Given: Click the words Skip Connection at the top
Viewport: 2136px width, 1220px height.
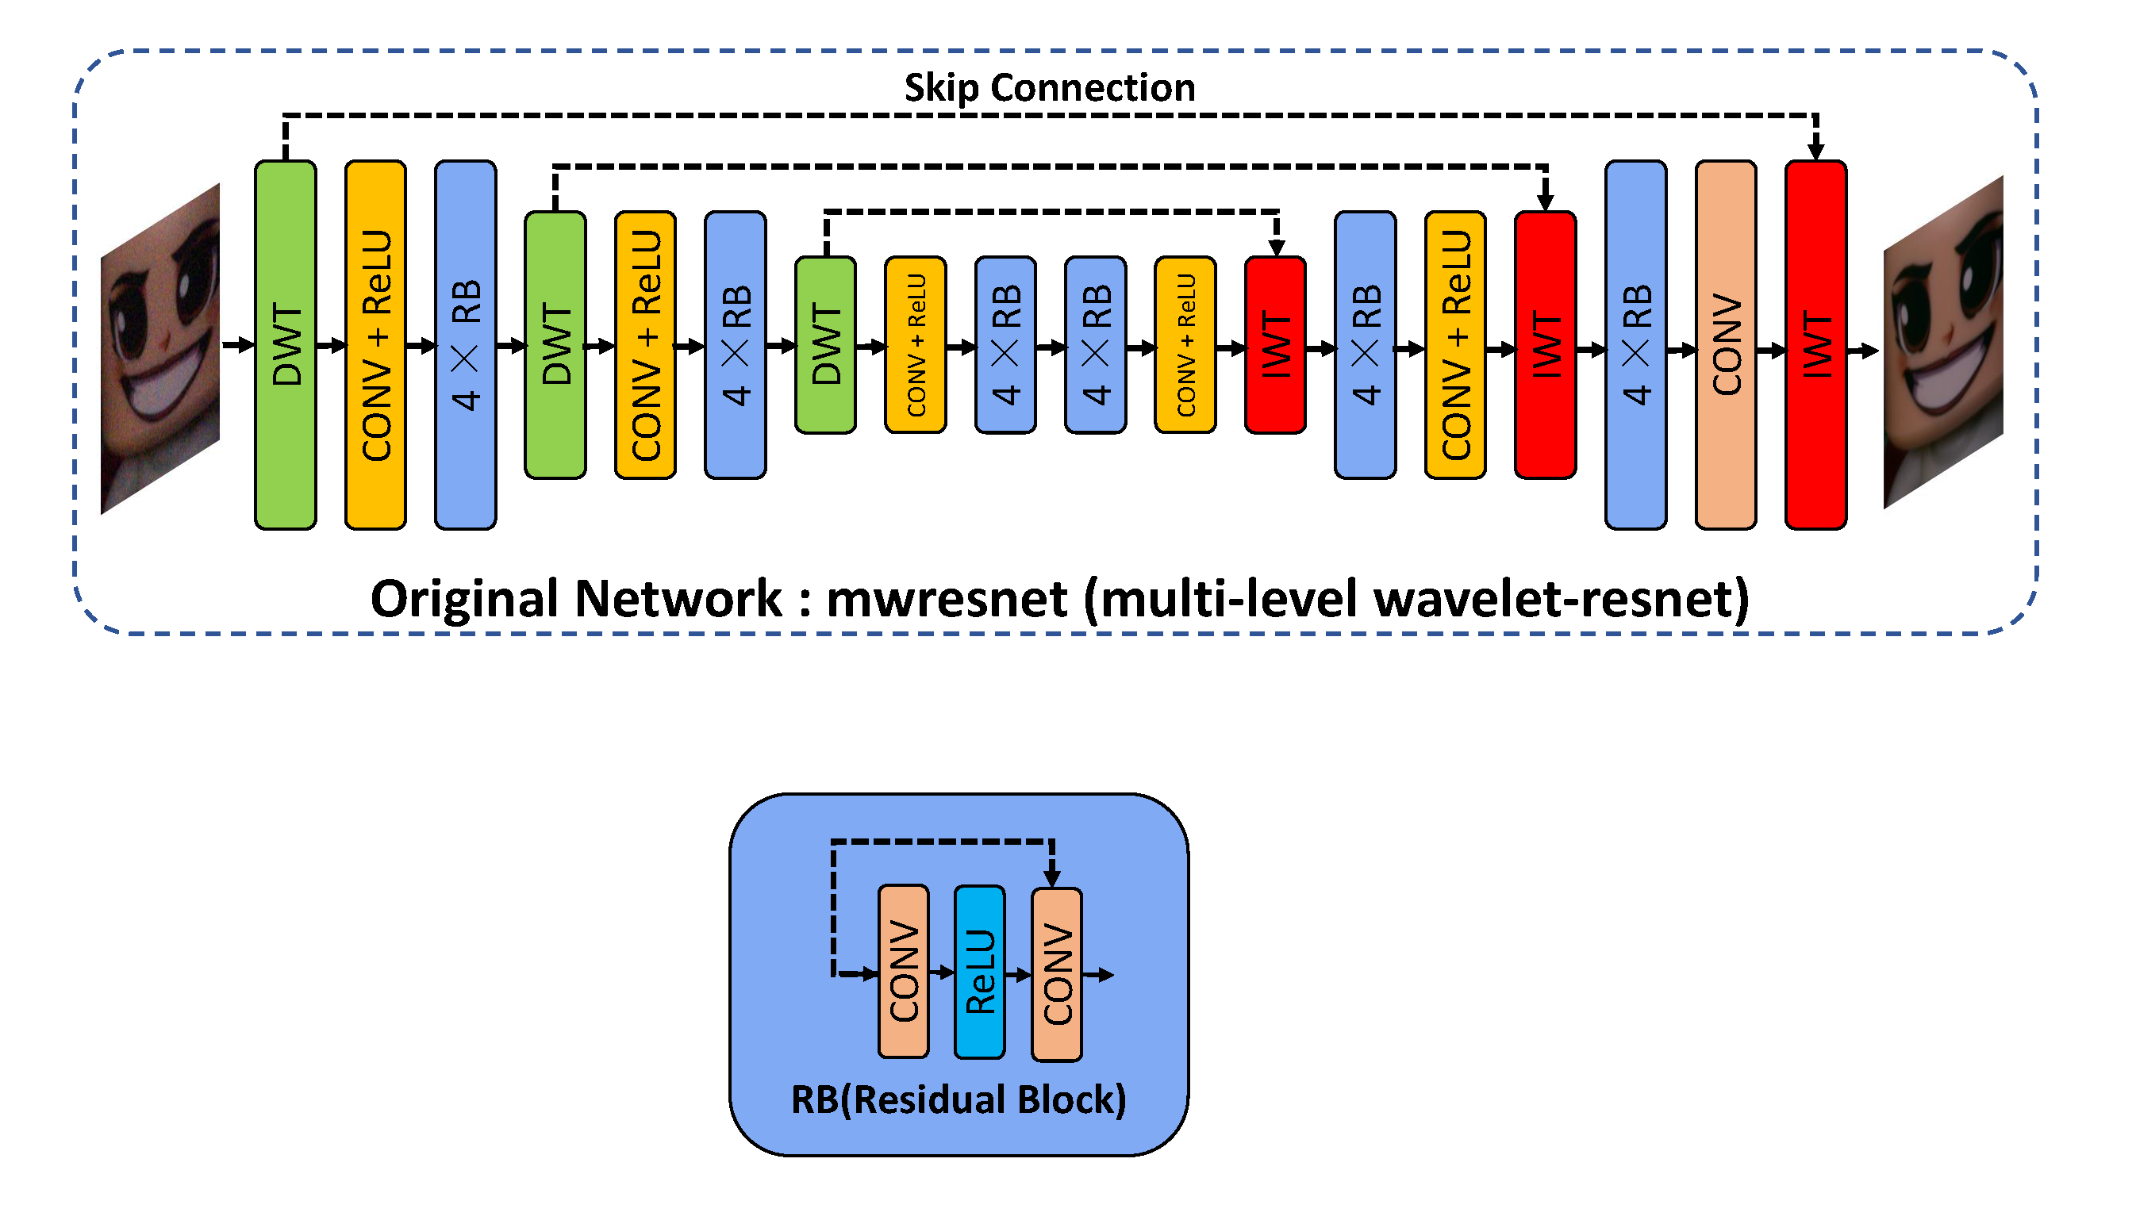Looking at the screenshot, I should tap(1049, 88).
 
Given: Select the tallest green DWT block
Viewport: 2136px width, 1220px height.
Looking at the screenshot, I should tap(285, 344).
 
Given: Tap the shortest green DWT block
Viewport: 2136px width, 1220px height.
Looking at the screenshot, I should tap(825, 344).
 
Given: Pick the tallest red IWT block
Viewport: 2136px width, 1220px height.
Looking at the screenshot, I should tap(1815, 344).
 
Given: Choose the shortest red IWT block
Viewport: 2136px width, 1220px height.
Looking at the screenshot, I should tap(1274, 344).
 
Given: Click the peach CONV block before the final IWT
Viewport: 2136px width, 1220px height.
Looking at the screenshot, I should tap(1726, 344).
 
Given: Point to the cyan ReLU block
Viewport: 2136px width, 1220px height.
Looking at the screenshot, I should tap(980, 972).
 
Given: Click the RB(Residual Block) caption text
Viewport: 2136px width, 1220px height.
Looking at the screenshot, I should tap(959, 1099).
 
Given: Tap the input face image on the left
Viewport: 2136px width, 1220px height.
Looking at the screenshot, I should tap(160, 347).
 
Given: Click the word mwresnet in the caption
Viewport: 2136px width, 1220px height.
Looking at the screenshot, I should tap(947, 599).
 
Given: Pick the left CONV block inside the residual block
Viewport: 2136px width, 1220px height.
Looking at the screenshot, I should tap(903, 972).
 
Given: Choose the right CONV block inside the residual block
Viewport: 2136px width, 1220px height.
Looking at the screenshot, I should tap(1057, 974).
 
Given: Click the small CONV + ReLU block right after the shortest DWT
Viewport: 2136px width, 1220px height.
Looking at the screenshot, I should tap(915, 344).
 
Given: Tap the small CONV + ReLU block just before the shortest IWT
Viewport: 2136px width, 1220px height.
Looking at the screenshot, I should tap(1185, 344).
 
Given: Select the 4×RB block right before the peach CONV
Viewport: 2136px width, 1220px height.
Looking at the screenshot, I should tap(1635, 344).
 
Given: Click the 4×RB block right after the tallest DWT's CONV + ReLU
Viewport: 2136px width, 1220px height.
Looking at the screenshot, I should tap(465, 344).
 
